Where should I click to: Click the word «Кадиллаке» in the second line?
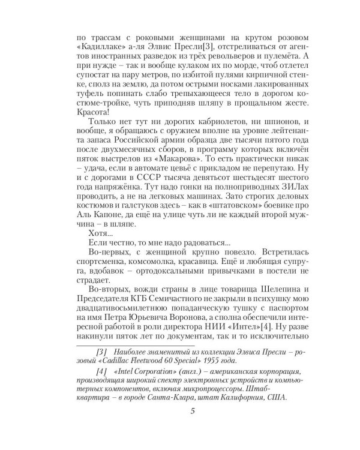98,45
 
